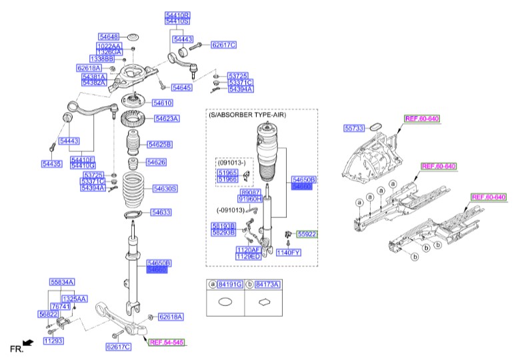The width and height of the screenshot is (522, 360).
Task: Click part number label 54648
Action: (x=108, y=37)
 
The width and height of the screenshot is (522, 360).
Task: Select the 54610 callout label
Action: (x=162, y=103)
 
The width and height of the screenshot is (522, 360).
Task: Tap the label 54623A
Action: (x=166, y=119)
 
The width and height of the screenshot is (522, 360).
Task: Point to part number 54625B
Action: (x=160, y=144)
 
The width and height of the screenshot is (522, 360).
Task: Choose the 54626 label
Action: (x=156, y=162)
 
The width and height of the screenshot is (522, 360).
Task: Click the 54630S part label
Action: (x=165, y=189)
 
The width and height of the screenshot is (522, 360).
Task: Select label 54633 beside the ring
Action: (x=161, y=213)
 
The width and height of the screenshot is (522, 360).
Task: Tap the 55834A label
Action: (x=62, y=282)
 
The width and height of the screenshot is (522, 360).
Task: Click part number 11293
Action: (x=53, y=341)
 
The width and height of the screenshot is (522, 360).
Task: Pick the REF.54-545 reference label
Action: (x=167, y=343)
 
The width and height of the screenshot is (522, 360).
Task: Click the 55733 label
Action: (x=354, y=127)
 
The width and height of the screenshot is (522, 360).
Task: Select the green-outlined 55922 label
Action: (x=307, y=235)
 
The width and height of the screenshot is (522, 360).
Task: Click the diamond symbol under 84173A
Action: (x=264, y=302)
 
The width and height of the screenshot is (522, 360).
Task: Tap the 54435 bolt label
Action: (x=51, y=163)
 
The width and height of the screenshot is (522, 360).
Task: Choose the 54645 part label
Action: (x=181, y=87)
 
